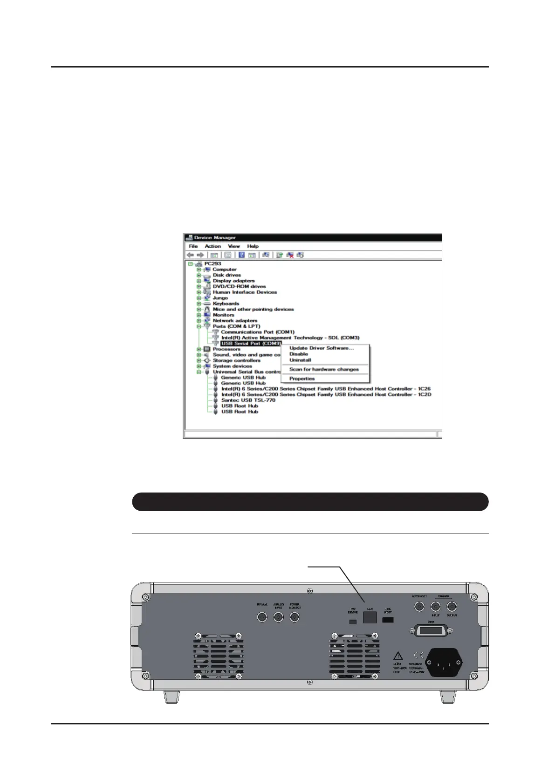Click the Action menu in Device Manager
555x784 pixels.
point(212,246)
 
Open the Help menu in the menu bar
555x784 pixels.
point(253,246)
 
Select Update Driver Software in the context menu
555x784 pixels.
point(322,348)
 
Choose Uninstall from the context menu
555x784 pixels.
point(300,360)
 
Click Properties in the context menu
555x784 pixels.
point(302,378)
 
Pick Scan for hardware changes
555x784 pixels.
point(324,369)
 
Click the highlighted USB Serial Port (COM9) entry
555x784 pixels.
point(251,344)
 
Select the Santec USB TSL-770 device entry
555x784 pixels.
point(248,400)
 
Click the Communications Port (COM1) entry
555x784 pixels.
point(258,332)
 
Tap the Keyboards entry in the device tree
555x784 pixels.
point(226,304)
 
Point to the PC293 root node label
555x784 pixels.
point(212,264)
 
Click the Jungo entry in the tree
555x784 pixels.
point(220,298)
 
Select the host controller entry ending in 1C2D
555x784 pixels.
point(326,394)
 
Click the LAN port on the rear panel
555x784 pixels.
point(370,618)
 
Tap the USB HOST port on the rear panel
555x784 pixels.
point(388,620)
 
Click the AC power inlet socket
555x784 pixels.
point(444,662)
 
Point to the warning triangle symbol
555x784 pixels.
point(397,656)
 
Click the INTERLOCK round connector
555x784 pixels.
point(419,606)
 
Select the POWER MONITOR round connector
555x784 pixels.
point(295,617)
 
